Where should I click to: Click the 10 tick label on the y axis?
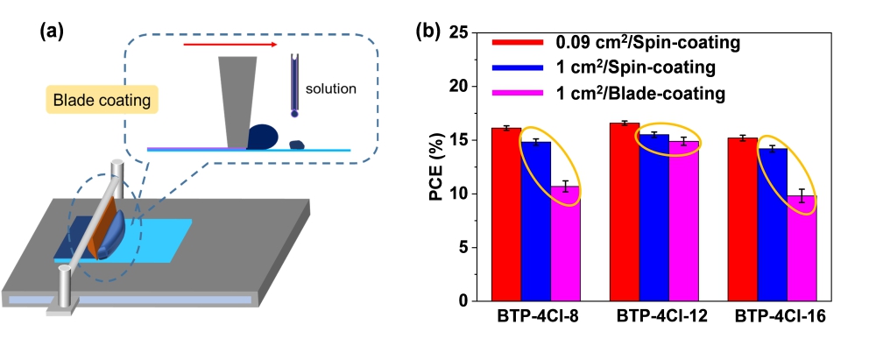click(463, 194)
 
